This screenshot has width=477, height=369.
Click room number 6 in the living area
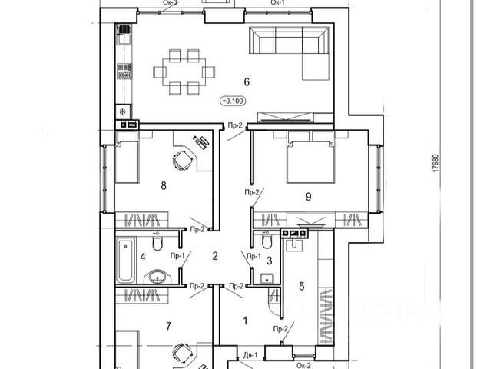247,81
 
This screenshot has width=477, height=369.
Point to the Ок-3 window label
171,3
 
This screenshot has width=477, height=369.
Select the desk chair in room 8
184,160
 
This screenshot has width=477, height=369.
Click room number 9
308,197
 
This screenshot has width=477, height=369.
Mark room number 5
302,287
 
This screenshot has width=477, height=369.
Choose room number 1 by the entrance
245,323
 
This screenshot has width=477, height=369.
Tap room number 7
167,325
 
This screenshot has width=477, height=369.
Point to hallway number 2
216,256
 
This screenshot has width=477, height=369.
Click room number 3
270,261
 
